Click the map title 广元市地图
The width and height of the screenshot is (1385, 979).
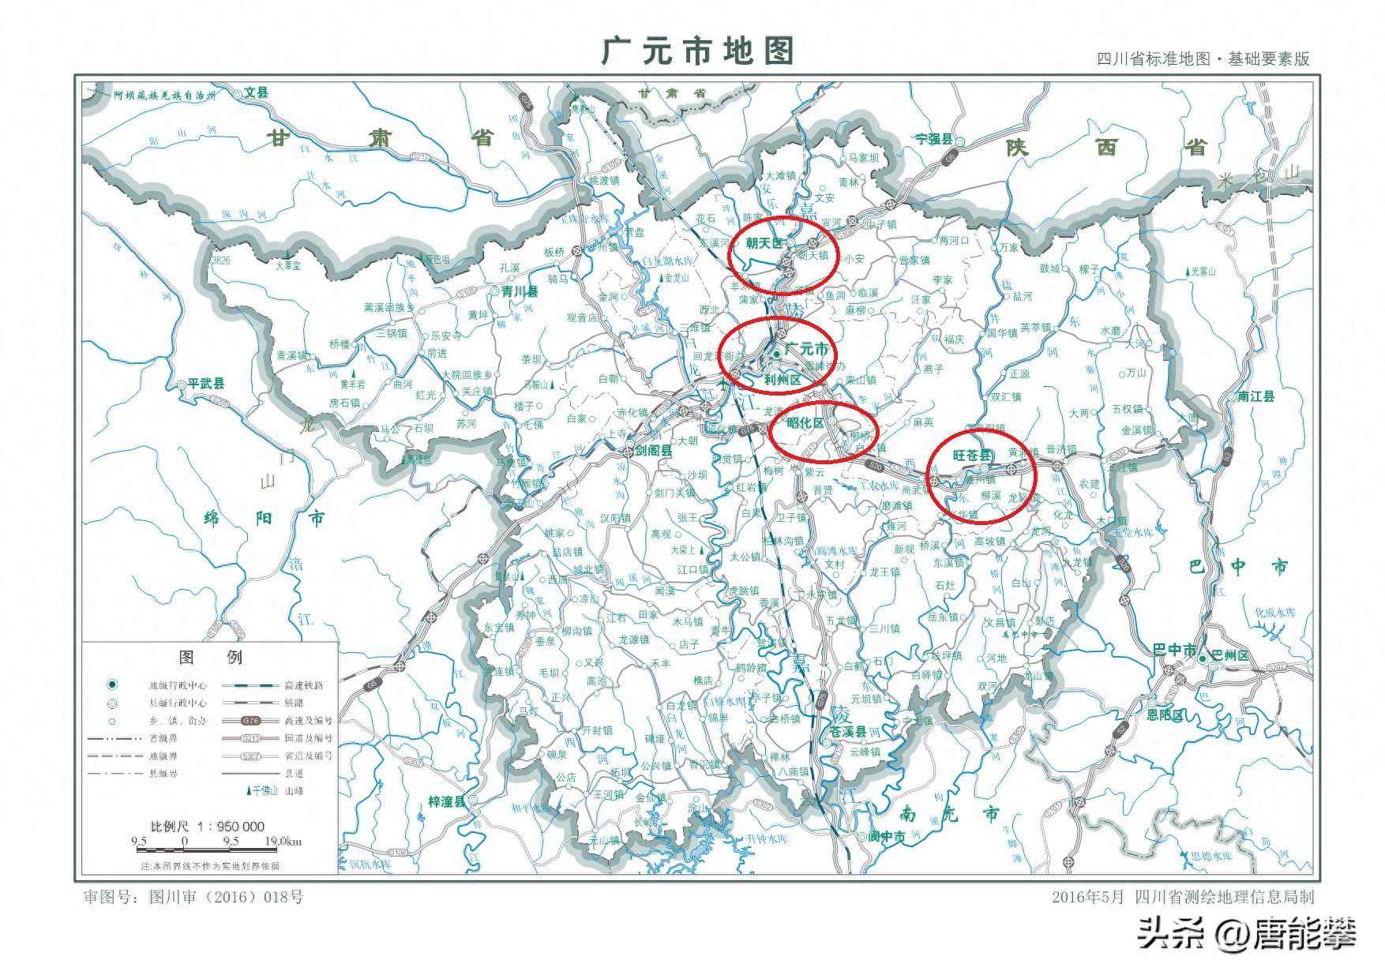[697, 51]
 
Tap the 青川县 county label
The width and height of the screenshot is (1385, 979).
[519, 291]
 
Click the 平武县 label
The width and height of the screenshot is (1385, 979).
[205, 384]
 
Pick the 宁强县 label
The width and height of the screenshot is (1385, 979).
[933, 138]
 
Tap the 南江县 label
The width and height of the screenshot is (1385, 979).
[1256, 396]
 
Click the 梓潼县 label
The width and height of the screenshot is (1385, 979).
[447, 801]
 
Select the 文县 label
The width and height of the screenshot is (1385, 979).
[256, 92]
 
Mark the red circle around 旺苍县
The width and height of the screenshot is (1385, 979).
[981, 474]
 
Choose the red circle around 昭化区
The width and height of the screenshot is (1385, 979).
[823, 432]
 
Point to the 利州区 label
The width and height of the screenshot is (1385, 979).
[782, 381]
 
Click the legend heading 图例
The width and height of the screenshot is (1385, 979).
[211, 657]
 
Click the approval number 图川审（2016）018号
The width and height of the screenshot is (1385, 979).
[193, 897]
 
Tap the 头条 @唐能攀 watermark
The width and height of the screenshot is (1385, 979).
[1246, 934]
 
